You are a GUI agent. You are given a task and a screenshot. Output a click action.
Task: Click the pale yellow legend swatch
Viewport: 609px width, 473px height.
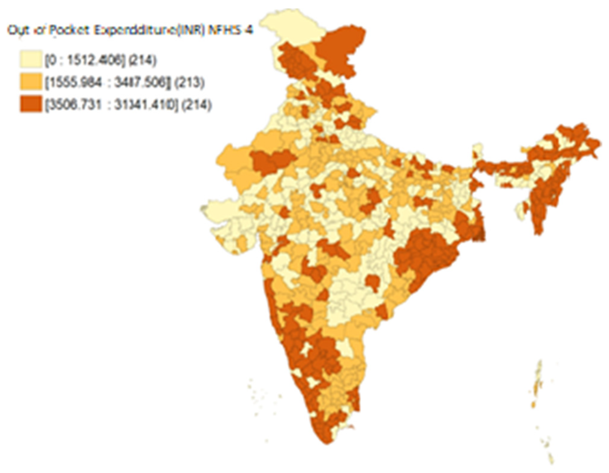click(x=31, y=60)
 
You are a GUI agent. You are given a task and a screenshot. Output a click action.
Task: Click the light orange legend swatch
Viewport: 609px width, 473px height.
click(x=31, y=82)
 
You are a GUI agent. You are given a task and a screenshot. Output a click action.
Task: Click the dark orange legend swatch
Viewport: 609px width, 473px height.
click(x=31, y=104)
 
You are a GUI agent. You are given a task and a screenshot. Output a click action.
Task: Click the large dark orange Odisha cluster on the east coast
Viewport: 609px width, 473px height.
click(x=423, y=255)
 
